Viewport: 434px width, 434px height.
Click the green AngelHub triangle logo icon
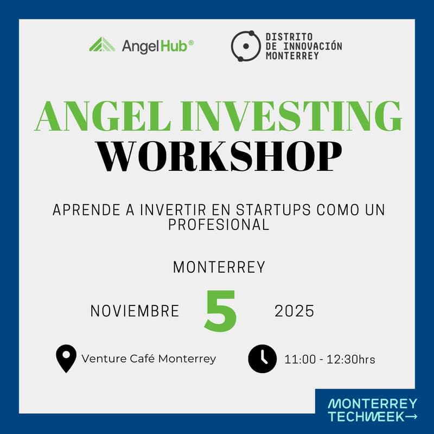click(x=102, y=44)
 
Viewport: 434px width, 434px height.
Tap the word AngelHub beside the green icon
click(x=154, y=46)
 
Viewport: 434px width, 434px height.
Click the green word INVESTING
click(x=282, y=116)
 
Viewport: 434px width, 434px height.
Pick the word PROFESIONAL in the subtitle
click(x=219, y=225)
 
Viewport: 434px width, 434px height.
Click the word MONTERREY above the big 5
click(x=219, y=267)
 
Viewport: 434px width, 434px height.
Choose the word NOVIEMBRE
click(x=135, y=311)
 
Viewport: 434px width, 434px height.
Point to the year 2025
click(x=294, y=311)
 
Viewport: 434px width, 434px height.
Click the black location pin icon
click(x=66, y=359)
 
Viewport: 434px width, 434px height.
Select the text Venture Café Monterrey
click(x=149, y=359)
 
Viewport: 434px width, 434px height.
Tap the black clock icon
click(x=263, y=359)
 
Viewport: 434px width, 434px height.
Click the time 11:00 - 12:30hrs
click(x=330, y=359)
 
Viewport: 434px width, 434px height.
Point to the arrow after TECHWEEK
click(x=412, y=417)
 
